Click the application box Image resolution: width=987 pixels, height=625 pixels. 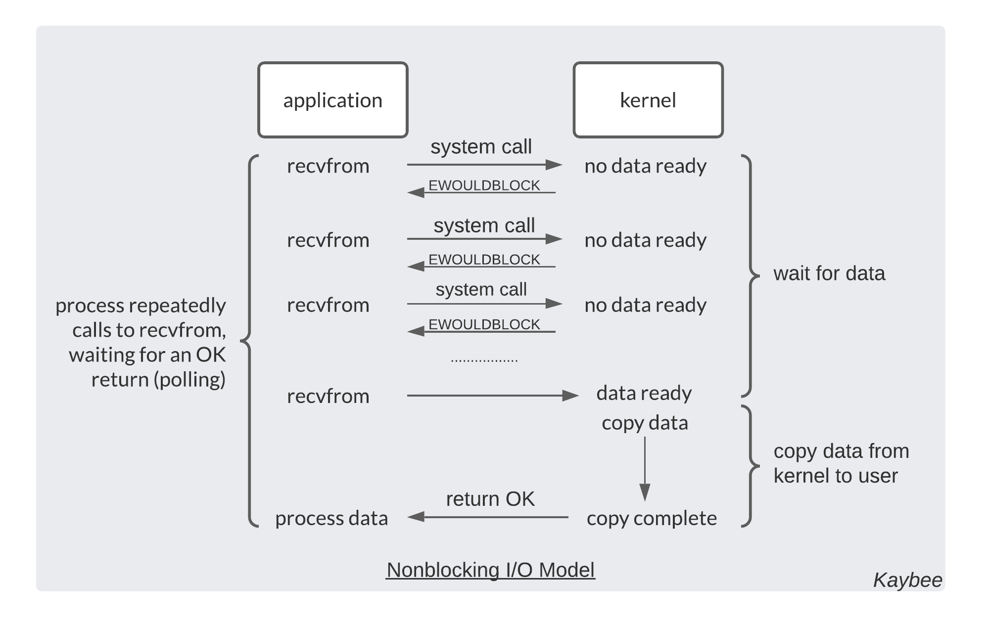point(332,100)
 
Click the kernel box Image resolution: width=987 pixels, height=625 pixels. point(648,100)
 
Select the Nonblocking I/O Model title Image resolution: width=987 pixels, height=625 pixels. point(490,570)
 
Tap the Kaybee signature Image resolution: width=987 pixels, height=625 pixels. point(907,580)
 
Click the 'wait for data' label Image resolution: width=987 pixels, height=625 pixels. point(829,273)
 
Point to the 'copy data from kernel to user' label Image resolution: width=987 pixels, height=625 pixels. point(841,463)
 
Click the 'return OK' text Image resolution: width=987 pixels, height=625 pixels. point(490,499)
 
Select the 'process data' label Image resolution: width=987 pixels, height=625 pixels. point(331,518)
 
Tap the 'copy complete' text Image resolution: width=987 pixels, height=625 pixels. point(651,518)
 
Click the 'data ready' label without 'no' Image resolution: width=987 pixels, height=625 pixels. point(644,393)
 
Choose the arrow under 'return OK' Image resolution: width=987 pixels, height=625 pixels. point(487,517)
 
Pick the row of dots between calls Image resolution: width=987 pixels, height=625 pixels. point(484,360)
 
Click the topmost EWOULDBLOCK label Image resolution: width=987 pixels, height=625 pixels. point(484,185)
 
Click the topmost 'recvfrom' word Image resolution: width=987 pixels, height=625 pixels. point(328,166)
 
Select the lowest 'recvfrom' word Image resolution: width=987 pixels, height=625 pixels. point(328,396)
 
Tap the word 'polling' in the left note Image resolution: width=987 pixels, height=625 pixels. point(189,380)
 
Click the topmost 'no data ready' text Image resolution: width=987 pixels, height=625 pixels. point(645,166)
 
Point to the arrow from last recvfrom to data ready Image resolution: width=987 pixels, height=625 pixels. point(492,396)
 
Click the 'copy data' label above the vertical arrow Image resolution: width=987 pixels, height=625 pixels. point(645,423)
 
